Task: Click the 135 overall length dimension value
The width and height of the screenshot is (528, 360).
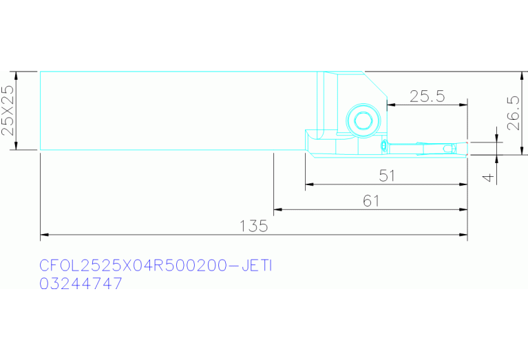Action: (x=253, y=226)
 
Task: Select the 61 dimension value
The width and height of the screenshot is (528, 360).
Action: (x=371, y=201)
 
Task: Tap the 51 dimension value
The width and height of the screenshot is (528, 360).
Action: (x=387, y=176)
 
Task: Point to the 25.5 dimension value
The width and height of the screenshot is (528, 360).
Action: (x=427, y=96)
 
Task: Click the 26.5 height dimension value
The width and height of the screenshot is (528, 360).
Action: (x=514, y=113)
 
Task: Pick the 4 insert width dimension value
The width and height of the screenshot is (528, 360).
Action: (x=488, y=177)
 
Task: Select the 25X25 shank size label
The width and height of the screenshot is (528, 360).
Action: (x=8, y=110)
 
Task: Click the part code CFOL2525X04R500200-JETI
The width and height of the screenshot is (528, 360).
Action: (x=156, y=266)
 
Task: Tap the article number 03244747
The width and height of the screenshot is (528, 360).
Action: (x=81, y=284)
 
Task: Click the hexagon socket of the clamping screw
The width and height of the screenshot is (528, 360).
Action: (x=363, y=120)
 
